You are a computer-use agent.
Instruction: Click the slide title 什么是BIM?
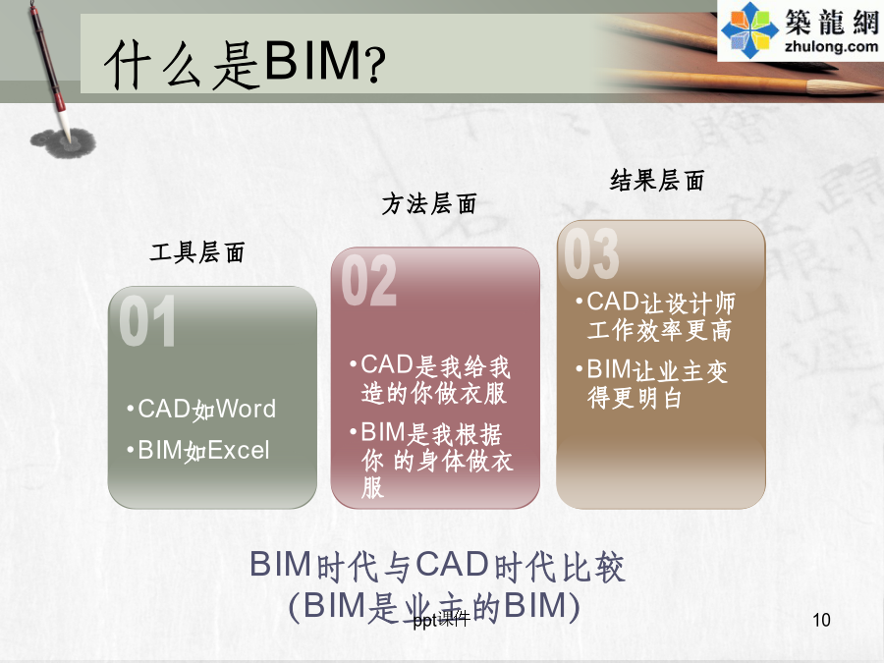click(x=245, y=63)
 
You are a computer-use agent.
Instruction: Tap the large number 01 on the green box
click(x=147, y=321)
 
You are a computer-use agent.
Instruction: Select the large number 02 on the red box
click(x=368, y=280)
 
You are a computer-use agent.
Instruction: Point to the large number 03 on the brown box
click(x=591, y=253)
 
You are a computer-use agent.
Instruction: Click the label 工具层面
click(x=197, y=252)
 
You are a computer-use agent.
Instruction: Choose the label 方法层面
click(x=429, y=203)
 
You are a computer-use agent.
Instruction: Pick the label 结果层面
click(x=657, y=181)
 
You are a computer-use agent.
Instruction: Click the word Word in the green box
click(x=246, y=409)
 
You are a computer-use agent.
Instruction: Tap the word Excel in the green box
click(x=239, y=451)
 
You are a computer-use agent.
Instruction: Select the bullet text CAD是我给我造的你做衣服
click(x=431, y=379)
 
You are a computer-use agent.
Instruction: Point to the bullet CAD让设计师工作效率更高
click(x=656, y=316)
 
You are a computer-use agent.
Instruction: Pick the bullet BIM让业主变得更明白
click(x=652, y=384)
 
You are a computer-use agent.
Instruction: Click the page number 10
click(x=821, y=620)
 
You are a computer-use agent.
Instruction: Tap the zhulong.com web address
click(x=831, y=46)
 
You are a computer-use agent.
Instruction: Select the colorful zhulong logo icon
click(x=749, y=29)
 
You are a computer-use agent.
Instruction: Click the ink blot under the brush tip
click(x=63, y=142)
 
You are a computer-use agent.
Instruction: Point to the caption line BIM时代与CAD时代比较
click(x=437, y=566)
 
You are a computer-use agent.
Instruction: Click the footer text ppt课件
click(x=441, y=620)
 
